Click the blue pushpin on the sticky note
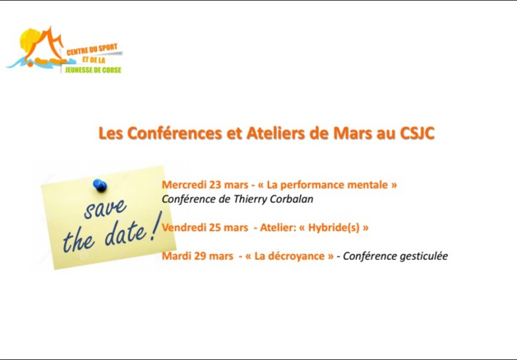(x=99, y=184)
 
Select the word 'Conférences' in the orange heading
(x=168, y=132)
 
